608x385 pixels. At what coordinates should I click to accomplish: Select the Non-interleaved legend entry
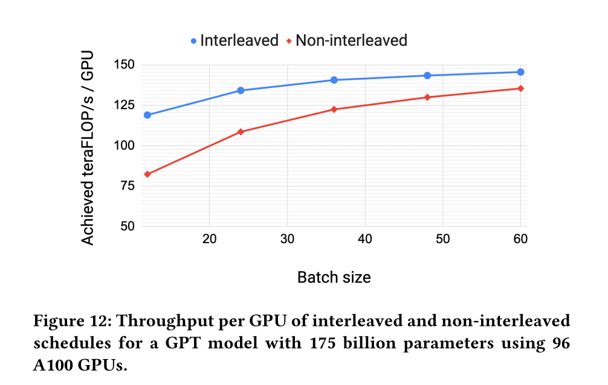point(346,40)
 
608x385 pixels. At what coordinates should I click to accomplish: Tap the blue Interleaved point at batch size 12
point(147,115)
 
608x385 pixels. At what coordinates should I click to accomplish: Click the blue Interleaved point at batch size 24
point(241,91)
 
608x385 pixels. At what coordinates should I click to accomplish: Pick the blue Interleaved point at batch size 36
point(334,80)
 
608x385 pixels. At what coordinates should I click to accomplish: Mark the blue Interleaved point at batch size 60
point(520,72)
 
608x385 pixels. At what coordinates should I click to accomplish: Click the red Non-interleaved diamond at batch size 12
point(147,174)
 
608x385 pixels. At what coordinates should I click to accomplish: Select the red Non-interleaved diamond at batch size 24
point(241,132)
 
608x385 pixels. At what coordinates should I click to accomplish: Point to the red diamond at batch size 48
point(427,97)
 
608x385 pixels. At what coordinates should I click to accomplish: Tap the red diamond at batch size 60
point(520,89)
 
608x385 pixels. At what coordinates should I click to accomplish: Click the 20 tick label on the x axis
point(209,240)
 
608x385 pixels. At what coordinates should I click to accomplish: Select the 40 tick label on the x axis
point(365,240)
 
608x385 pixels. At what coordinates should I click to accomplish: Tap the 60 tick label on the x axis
point(520,240)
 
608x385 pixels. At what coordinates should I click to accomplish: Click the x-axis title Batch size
point(334,277)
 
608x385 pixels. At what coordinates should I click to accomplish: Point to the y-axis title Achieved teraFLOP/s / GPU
point(88,145)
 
